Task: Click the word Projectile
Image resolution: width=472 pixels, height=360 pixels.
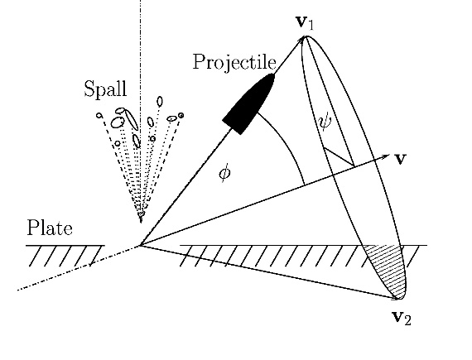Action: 234,63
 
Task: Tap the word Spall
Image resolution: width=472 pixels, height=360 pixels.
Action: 105,89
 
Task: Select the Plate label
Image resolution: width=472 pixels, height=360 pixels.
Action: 50,228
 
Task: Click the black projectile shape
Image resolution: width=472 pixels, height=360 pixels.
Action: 248,103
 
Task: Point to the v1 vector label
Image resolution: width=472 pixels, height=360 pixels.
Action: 305,22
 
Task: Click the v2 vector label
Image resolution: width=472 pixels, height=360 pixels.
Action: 402,317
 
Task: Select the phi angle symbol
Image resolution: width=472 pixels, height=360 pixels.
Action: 225,173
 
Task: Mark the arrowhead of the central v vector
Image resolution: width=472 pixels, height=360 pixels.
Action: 385,156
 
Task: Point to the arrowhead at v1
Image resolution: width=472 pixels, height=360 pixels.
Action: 302,40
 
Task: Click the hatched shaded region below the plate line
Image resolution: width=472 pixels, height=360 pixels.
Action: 388,267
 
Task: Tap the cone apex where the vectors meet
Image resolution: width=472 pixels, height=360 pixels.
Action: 140,246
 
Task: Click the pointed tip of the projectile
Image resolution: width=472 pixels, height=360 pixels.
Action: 273,75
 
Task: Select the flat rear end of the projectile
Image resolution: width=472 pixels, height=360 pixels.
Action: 231,127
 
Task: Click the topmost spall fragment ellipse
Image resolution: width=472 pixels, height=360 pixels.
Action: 160,102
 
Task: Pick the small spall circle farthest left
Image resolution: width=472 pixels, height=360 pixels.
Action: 99,115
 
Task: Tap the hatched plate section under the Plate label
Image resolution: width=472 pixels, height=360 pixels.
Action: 65,256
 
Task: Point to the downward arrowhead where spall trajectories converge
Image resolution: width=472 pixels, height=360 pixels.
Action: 140,218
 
